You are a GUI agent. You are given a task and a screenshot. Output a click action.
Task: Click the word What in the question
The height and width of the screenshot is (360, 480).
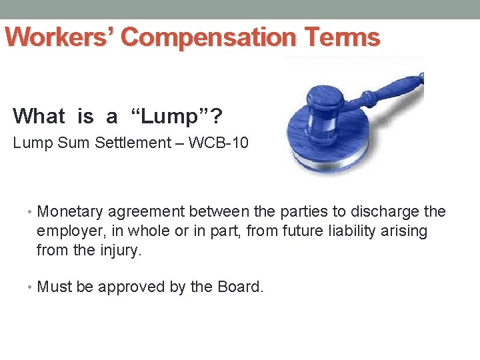tap(39, 117)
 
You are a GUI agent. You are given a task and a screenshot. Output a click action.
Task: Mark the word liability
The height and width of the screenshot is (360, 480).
tap(336, 231)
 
